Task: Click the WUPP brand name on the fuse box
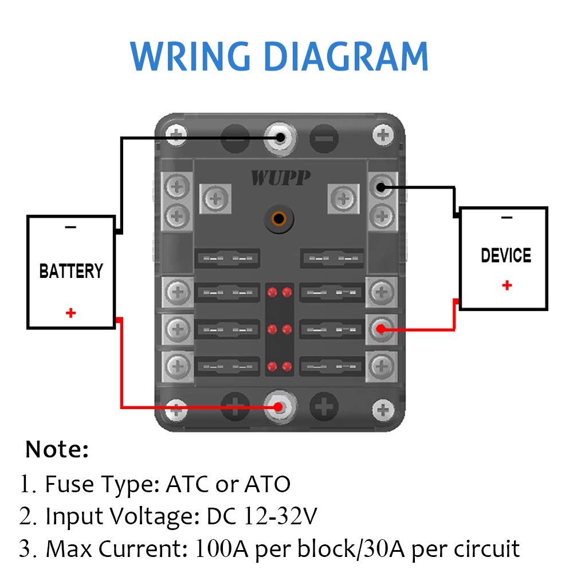pos(280,178)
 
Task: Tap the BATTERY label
pos(71,271)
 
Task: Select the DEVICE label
pos(506,256)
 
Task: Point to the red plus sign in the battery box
pos(70,313)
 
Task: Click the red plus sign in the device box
pos(507,285)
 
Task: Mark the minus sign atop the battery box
pos(70,227)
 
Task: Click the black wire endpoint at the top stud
pos(280,138)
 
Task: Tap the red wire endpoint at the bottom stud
pos(278,407)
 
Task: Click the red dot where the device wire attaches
pos(380,329)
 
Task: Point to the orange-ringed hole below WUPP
pos(279,218)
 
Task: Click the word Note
pos(57,450)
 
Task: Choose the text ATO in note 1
pos(268,485)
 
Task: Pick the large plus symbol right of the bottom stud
pos(324,407)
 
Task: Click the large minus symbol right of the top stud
pos(324,138)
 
